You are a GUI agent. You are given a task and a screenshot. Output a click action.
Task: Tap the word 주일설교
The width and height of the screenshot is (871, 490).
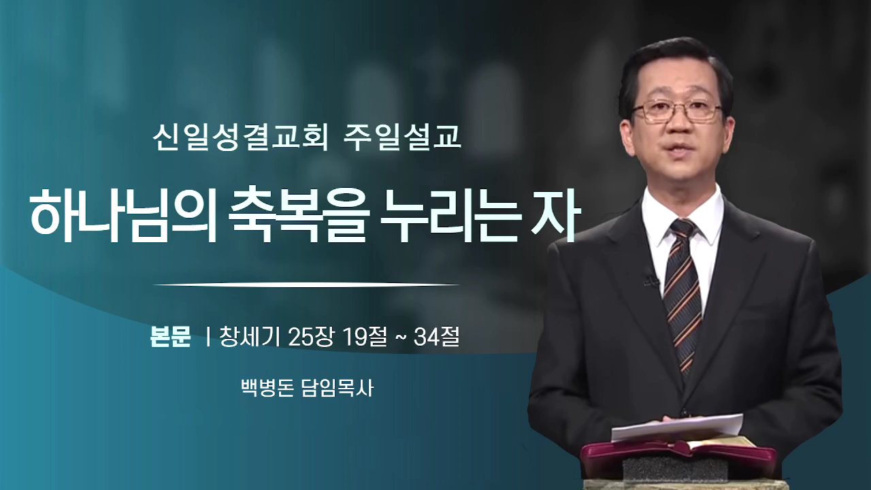coord(402,137)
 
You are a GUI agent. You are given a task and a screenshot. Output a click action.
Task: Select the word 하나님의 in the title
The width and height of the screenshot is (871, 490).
coord(123,216)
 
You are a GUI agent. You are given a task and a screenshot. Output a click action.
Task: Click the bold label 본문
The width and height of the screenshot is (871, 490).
coord(170,336)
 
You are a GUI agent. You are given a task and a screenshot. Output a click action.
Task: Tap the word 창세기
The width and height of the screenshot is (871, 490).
coord(250,336)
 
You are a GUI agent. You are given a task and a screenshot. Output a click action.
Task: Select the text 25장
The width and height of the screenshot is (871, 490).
coord(311,336)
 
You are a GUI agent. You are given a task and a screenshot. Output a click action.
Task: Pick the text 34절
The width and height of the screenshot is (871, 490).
coord(437,336)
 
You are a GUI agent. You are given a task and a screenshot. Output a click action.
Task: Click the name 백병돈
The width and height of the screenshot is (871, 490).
coord(267,388)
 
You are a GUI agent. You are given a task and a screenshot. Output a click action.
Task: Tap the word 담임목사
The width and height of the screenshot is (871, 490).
coord(338,388)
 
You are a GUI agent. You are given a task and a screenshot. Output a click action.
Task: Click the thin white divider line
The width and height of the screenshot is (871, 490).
coord(306,285)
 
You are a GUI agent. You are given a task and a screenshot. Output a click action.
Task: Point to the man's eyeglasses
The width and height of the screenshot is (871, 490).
coord(676,110)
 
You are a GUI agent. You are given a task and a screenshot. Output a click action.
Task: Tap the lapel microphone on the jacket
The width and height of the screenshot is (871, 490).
coord(651,278)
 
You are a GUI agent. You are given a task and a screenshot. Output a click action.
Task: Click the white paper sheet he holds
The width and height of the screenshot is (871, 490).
coord(676,427)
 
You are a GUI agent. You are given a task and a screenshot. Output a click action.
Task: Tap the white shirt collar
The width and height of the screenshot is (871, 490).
coord(683,218)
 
